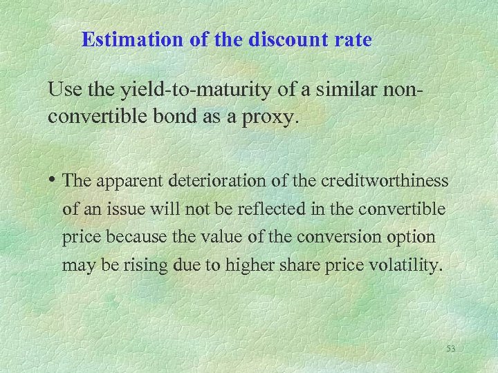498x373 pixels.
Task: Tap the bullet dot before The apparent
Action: (x=53, y=182)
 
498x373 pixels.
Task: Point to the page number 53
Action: (x=451, y=349)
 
